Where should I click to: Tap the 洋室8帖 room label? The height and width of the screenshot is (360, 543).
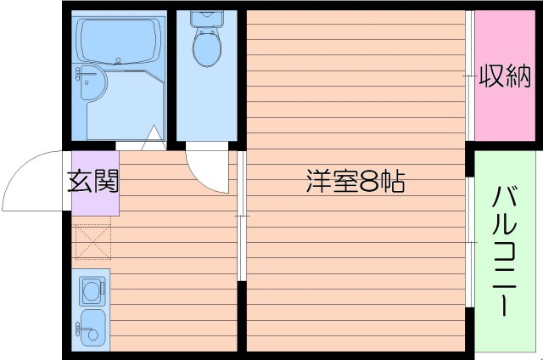point(354,181)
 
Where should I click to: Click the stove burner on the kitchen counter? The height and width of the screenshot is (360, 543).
point(89,291)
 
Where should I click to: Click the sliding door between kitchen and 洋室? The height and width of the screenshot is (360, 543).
point(241,217)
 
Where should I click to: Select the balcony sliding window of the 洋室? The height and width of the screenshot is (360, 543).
point(470,242)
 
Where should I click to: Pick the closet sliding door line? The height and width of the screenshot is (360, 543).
point(470,76)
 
